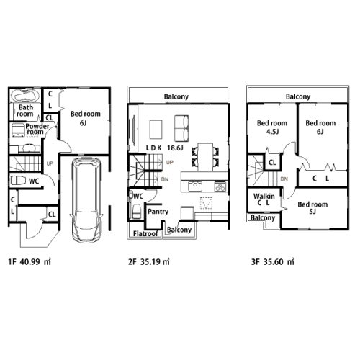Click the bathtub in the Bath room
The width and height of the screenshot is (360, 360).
click(x=25, y=96)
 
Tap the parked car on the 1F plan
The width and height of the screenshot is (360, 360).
click(x=86, y=199)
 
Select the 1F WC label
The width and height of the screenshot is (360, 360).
click(x=34, y=181)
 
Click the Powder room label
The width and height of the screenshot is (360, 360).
click(x=37, y=129)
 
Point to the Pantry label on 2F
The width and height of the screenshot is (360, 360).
click(x=158, y=212)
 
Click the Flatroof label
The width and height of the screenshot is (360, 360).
click(x=145, y=233)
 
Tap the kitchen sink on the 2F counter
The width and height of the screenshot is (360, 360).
click(x=195, y=186)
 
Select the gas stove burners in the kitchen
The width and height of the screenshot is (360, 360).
click(x=220, y=186)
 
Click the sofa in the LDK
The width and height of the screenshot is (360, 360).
click(x=181, y=128)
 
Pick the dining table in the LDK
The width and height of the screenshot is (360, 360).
click(x=205, y=157)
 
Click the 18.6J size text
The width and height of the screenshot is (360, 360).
click(x=175, y=148)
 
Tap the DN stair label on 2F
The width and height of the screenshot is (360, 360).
click(x=165, y=179)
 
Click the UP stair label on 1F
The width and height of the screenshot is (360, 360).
click(x=50, y=163)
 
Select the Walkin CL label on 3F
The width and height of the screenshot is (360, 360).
click(x=264, y=199)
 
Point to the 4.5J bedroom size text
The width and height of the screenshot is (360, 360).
click(x=272, y=132)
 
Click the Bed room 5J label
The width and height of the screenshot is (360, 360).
click(x=312, y=208)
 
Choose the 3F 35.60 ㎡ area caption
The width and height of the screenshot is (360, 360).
click(x=273, y=261)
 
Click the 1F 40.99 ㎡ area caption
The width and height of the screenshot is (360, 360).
click(x=30, y=261)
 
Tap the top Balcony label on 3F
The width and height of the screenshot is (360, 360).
click(x=298, y=96)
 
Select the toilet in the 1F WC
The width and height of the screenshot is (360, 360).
click(x=18, y=181)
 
